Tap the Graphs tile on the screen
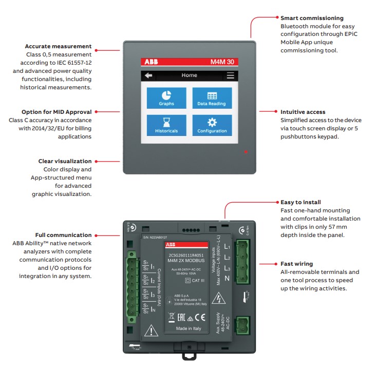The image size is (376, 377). pyautogui.click(x=166, y=98)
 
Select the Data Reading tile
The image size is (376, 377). pyautogui.click(x=212, y=98)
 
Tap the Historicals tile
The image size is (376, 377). pyautogui.click(x=166, y=125)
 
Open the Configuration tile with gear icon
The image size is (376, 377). pyautogui.click(x=212, y=125)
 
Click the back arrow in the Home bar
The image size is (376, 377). pyautogui.click(x=149, y=75)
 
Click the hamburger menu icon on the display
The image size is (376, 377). pyautogui.click(x=231, y=75)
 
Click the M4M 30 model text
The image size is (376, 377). pyautogui.click(x=222, y=62)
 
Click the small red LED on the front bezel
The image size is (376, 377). pyautogui.click(x=246, y=151)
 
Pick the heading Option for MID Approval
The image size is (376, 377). pyautogui.click(x=57, y=112)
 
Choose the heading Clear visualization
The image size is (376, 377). pyautogui.click(x=65, y=161)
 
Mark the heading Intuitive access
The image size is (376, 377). pyautogui.click(x=303, y=112)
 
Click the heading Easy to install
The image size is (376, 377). pyautogui.click(x=300, y=203)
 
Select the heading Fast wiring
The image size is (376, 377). pyautogui.click(x=296, y=264)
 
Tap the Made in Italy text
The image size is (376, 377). pyautogui.click(x=189, y=328)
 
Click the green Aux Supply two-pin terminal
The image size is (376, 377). pyautogui.click(x=242, y=326)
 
